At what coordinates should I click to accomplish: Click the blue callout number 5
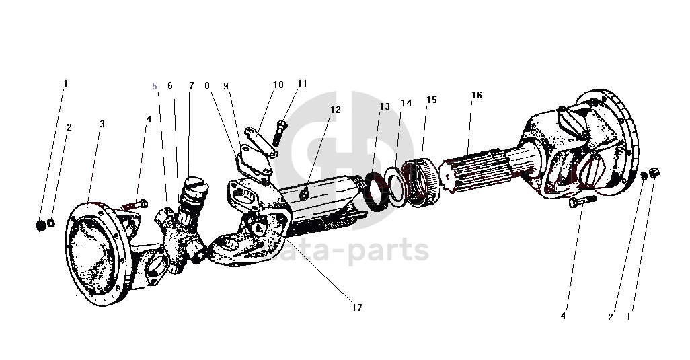coord(155,86)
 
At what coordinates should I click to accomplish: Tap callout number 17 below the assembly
coord(356,308)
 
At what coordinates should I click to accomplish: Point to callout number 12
coord(335,110)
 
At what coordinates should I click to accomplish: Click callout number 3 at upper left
coord(102,124)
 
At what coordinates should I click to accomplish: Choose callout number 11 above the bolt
coord(302,83)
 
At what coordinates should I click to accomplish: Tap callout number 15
coord(431,100)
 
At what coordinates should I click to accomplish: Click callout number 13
coord(384,106)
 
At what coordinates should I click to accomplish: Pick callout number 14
coord(406,103)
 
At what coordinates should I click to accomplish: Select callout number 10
coord(278,85)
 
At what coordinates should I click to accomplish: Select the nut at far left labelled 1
coord(40,223)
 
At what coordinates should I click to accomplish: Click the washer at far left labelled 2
coord(51,222)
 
